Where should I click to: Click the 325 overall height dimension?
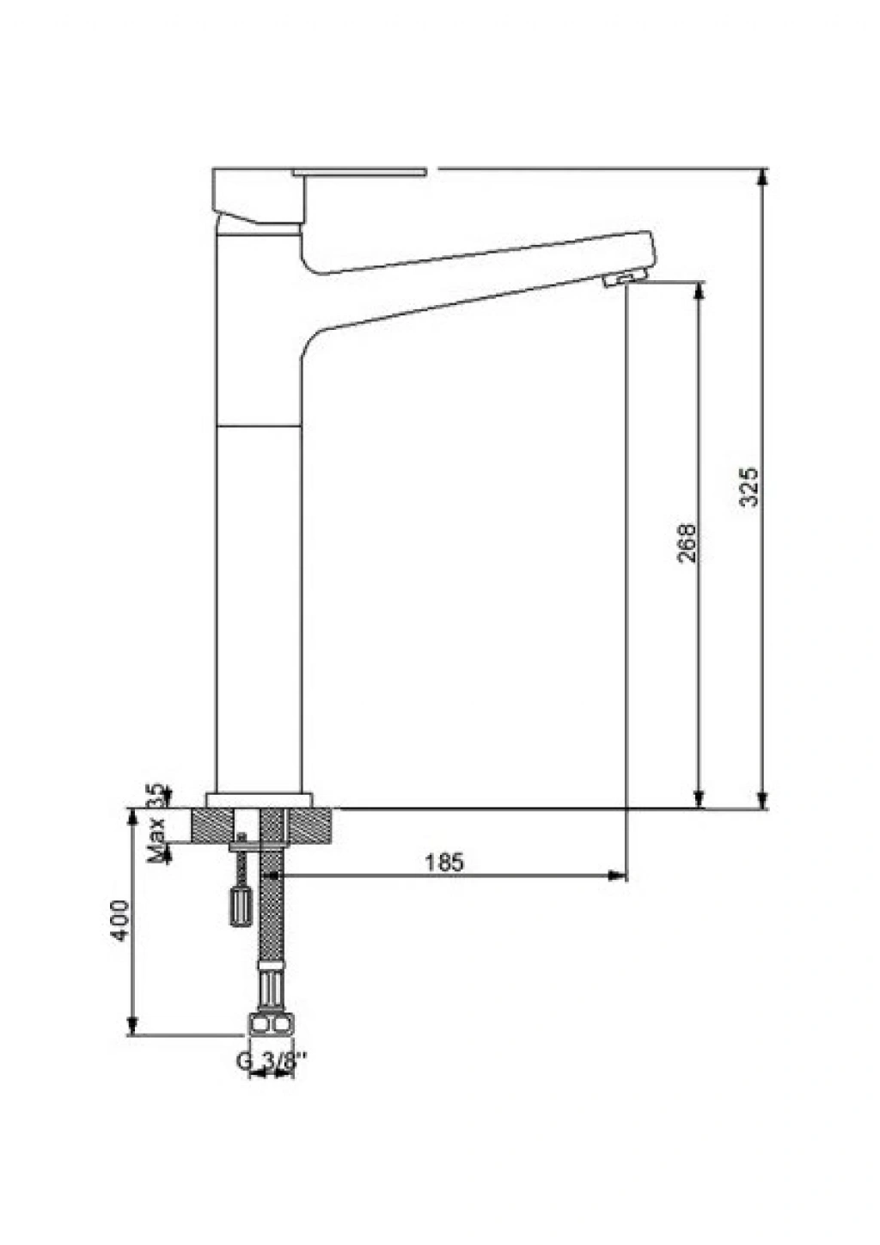750,487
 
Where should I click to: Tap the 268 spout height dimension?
687,542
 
